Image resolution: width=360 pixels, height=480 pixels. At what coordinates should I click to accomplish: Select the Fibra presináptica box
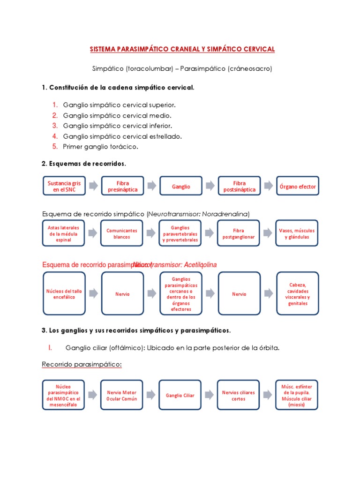point(122,186)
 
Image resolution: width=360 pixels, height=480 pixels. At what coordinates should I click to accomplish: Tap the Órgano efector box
point(298,186)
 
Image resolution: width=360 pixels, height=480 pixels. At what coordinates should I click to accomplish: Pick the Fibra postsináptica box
point(239,186)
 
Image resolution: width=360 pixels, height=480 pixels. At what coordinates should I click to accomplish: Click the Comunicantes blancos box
point(122,233)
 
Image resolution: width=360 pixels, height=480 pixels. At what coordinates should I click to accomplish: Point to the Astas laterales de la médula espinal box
point(63,233)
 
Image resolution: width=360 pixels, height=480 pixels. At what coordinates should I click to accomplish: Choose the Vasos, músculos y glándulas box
point(297,233)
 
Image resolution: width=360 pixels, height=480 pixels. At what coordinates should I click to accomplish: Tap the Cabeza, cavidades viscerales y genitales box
point(298,294)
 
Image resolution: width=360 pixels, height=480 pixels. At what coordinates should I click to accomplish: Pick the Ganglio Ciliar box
point(180,395)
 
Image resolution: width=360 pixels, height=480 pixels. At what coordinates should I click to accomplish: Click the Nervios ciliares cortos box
point(238,395)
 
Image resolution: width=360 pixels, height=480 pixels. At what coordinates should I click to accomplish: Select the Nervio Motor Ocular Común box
point(122,395)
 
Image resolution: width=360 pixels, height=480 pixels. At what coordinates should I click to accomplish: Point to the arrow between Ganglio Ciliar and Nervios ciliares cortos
point(210,395)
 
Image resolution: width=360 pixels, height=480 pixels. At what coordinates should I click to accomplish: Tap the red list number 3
point(55,126)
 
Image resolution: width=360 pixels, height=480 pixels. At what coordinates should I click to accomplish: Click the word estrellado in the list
point(166,136)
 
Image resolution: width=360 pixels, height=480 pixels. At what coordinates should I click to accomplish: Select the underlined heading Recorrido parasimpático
point(82,364)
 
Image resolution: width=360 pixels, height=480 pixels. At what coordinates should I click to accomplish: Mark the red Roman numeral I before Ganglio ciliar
point(49,347)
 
